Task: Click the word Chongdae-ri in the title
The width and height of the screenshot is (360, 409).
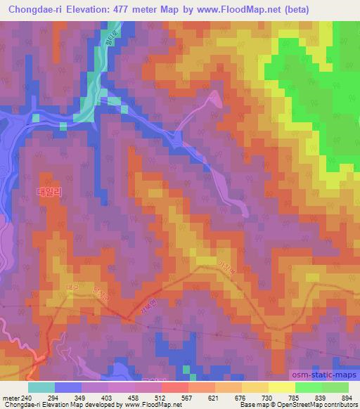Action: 34,10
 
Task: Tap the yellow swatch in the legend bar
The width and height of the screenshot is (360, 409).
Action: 281,387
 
